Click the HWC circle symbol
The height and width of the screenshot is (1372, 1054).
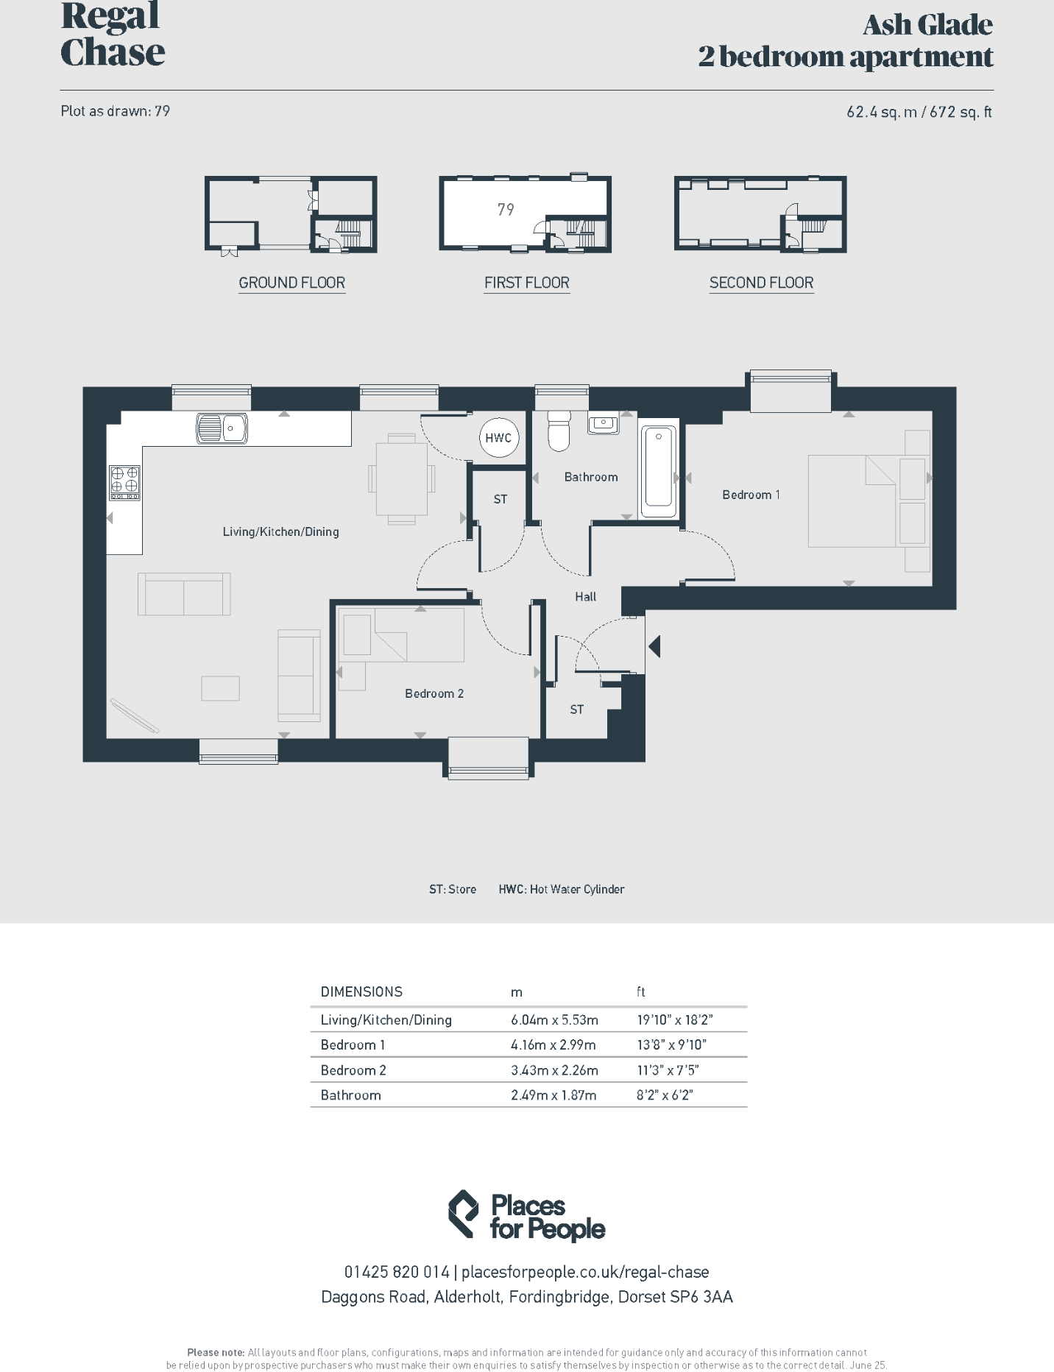click(x=498, y=437)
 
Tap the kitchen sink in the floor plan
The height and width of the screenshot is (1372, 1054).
click(x=222, y=428)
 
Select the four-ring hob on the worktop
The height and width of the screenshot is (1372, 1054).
click(x=124, y=482)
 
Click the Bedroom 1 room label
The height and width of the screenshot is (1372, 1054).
click(x=751, y=495)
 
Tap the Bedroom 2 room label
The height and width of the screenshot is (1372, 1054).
click(x=434, y=693)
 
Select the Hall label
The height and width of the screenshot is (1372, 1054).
click(x=586, y=597)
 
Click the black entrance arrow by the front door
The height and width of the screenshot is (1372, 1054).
click(x=654, y=646)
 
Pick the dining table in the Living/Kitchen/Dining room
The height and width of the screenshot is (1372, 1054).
click(x=401, y=478)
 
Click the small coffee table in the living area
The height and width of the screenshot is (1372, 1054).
click(x=220, y=688)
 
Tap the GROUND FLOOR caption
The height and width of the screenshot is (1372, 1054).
click(x=291, y=283)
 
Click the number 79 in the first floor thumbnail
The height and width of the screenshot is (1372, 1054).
click(x=506, y=210)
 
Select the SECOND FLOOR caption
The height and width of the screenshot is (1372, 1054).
click(x=761, y=283)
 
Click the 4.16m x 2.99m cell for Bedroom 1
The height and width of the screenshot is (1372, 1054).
click(x=553, y=1044)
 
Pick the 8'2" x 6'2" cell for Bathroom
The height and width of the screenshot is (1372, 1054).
click(x=665, y=1095)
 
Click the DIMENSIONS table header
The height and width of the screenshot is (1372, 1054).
click(x=361, y=991)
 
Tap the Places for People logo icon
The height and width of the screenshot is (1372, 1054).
click(x=464, y=1214)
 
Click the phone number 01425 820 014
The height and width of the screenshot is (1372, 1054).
click(x=396, y=1272)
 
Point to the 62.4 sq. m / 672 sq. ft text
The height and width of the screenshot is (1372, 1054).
click(x=919, y=112)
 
